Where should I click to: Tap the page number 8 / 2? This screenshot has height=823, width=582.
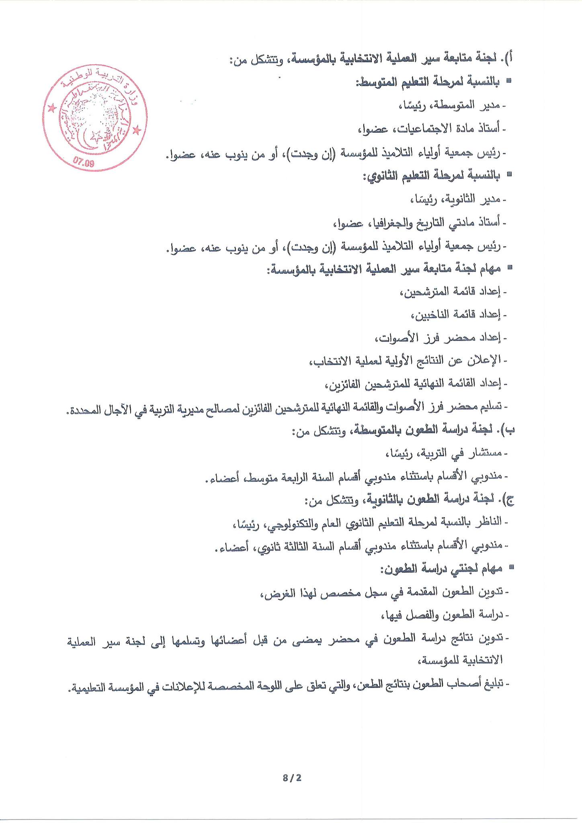[x=292, y=778]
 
